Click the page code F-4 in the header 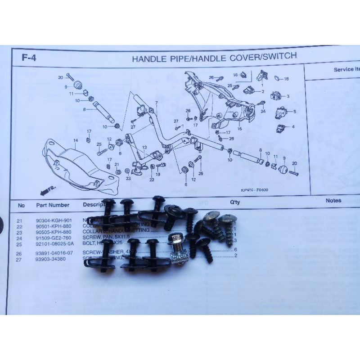(28, 58)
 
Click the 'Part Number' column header (53, 205)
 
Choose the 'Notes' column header (333, 201)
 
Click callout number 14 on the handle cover (76, 141)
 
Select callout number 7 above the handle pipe (156, 103)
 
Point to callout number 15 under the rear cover (239, 129)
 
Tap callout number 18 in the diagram (287, 79)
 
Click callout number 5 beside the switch (294, 111)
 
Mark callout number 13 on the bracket (144, 148)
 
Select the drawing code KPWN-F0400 (253, 190)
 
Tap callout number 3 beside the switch (288, 96)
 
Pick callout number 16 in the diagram (235, 74)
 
